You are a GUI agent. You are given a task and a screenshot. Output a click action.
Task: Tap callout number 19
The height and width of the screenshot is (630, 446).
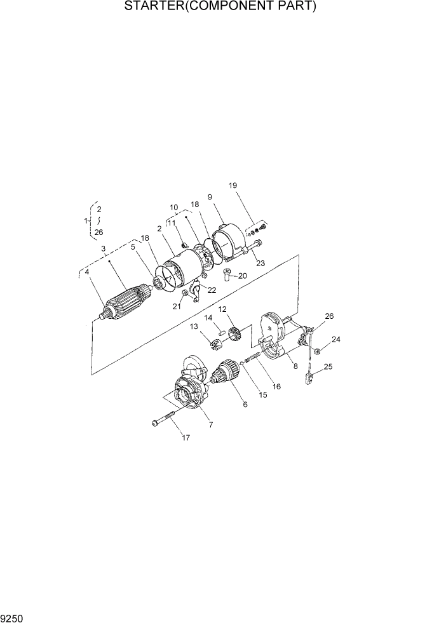233,185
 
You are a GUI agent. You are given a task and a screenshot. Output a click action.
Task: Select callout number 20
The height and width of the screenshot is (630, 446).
242,276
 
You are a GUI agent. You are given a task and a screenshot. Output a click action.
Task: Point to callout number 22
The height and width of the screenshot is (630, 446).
212,290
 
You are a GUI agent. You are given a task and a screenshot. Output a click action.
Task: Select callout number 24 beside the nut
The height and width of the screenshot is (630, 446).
336,339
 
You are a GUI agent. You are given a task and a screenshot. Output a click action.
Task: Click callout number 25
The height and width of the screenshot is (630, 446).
328,367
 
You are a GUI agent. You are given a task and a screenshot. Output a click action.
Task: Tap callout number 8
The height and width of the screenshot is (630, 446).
295,366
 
